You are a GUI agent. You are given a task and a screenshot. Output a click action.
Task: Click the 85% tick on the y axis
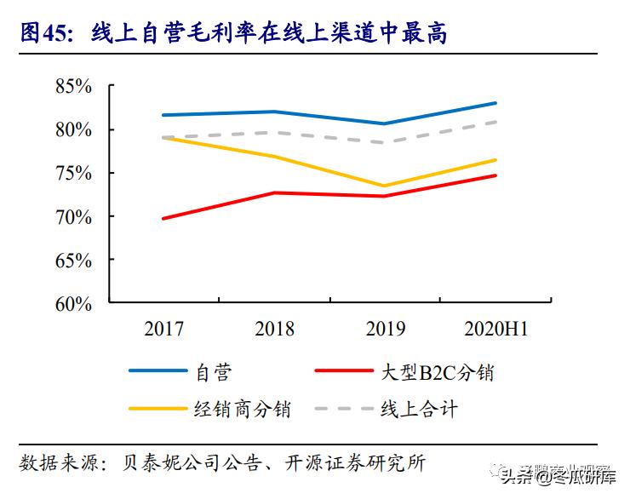(x=73, y=86)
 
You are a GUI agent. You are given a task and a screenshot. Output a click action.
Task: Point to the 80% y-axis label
(x=73, y=129)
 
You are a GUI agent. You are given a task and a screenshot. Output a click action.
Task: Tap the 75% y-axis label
(x=73, y=173)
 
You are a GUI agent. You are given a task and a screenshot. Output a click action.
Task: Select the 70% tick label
(x=73, y=216)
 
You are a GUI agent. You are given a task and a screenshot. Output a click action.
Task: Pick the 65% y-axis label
(x=73, y=260)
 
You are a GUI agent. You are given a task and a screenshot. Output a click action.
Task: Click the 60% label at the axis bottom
(x=73, y=303)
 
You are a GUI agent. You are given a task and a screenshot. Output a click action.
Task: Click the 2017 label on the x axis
(x=163, y=330)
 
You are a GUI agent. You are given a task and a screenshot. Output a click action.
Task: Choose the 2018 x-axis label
(x=274, y=330)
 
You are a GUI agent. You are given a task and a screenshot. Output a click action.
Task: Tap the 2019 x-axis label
(x=385, y=330)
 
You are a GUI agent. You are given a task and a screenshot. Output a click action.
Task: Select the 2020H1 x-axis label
(x=496, y=330)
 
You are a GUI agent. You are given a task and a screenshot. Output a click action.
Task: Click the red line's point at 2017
(x=163, y=219)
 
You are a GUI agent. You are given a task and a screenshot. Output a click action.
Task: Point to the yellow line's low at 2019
(x=385, y=186)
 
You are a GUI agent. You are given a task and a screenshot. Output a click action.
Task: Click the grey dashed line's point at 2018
(x=274, y=132)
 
